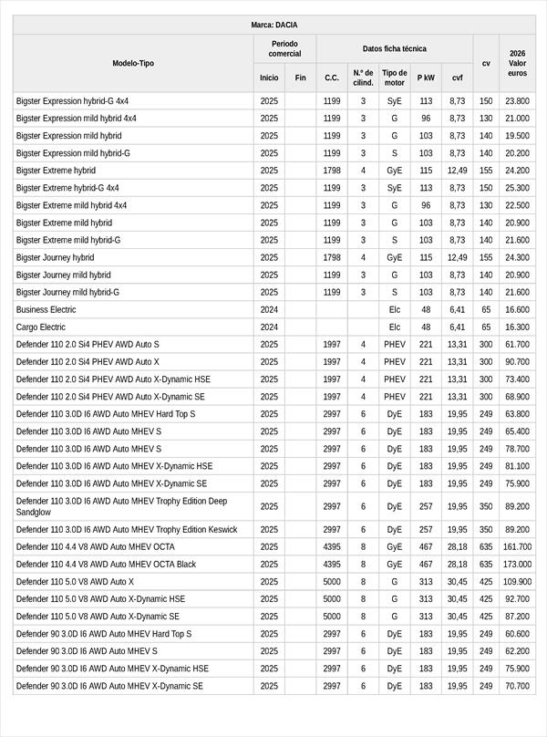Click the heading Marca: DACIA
[x=273, y=25]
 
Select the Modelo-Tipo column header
[x=133, y=63]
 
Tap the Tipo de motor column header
[x=395, y=78]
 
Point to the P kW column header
[x=426, y=78]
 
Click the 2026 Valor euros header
[x=517, y=63]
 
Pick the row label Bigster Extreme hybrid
[x=56, y=171]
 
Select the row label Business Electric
[x=46, y=309]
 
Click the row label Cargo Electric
[x=41, y=327]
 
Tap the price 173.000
[x=517, y=564]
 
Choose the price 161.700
[x=517, y=546]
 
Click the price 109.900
[x=517, y=581]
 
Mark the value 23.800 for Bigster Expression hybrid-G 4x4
[x=517, y=101]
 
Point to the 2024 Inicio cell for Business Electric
[x=269, y=309]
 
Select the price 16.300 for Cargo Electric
[x=517, y=327]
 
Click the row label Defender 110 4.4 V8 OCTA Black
[x=106, y=564]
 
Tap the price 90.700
[x=517, y=361]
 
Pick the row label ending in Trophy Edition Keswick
[x=127, y=529]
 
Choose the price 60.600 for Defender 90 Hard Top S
[x=517, y=633]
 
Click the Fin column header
[x=300, y=78]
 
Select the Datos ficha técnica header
[x=394, y=48]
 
